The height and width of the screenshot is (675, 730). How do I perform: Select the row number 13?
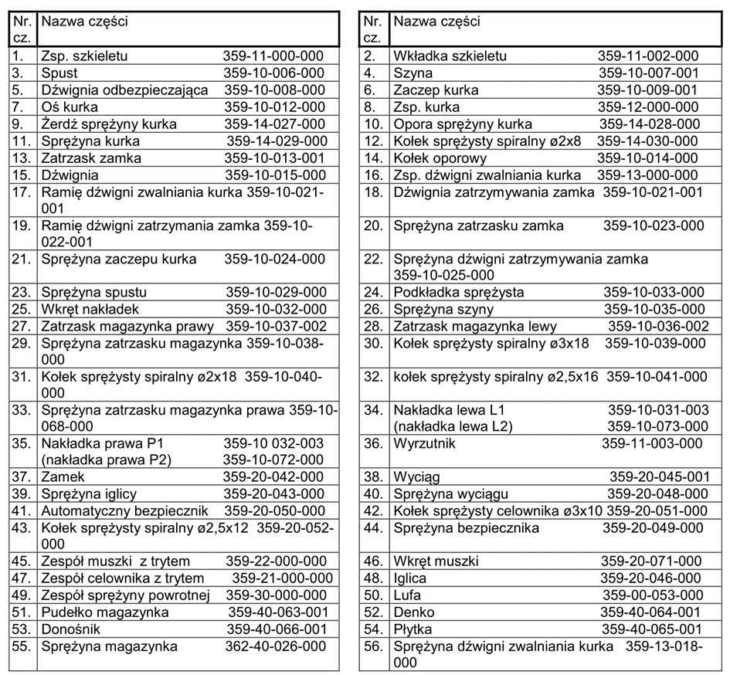pos(20,158)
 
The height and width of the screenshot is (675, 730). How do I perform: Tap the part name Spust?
pos(59,73)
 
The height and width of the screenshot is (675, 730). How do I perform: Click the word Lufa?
pos(408,595)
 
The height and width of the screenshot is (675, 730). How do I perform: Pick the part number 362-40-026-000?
pos(276,646)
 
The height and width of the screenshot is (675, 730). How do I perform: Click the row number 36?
pos(374,444)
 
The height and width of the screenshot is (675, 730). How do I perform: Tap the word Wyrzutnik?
pos(425,444)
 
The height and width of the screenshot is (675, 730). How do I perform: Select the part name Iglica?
pos(410,578)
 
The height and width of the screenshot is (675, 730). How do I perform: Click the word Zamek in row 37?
pos(63,477)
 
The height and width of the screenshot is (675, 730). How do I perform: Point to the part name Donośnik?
pos(72,629)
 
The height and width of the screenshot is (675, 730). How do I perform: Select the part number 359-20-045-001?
pos(660,477)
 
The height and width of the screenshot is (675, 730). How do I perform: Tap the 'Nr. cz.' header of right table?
pos(374,29)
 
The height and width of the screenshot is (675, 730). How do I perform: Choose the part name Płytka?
pos(413,629)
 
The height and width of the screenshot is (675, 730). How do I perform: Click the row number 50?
pos(374,595)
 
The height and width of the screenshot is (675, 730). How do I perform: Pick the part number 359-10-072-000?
pos(274,460)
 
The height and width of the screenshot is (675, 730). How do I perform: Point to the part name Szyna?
pos(413,73)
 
